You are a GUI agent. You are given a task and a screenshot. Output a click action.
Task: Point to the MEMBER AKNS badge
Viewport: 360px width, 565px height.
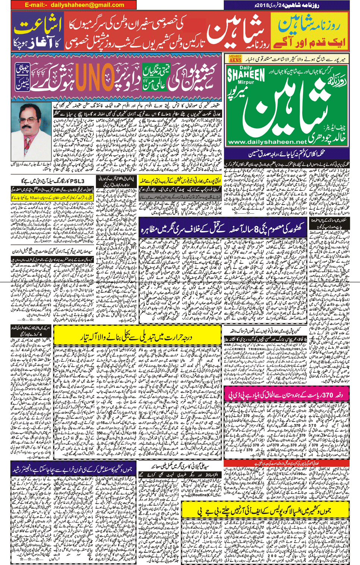click(235, 59)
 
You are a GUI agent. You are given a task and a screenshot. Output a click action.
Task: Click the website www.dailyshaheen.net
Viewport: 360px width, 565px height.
click(267, 142)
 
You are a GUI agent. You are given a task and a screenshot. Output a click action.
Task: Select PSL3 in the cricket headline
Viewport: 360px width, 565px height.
click(77, 181)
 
